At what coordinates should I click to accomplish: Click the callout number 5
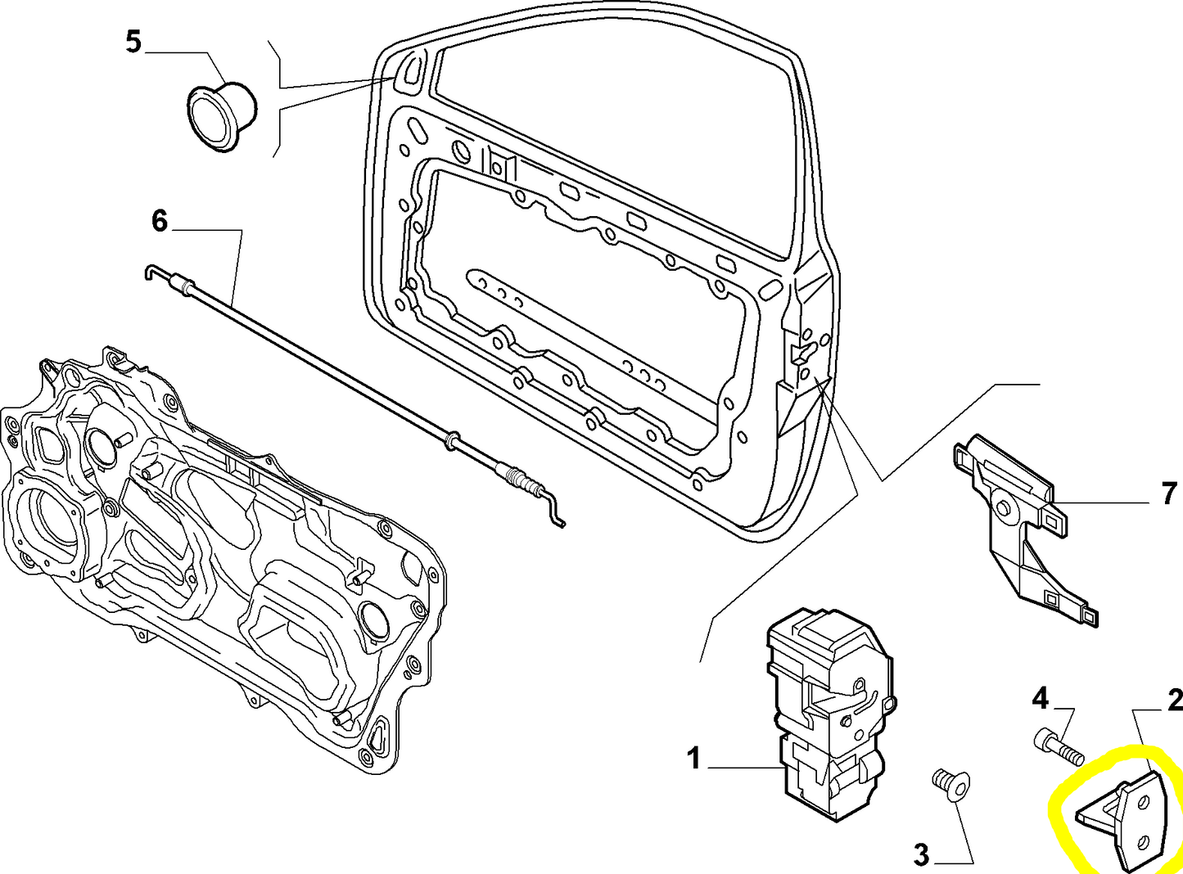coord(133,42)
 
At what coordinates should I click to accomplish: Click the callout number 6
coord(159,221)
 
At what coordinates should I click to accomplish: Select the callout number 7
coord(1169,493)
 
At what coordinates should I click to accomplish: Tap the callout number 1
coord(693,759)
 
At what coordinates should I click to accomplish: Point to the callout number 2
coord(1174,700)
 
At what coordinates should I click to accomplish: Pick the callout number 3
coord(922,855)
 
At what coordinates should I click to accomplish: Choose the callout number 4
coord(1040,698)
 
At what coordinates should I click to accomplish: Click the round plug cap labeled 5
coord(219,115)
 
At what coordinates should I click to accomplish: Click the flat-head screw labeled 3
coord(950,782)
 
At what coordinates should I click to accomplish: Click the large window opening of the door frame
coord(614,139)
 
